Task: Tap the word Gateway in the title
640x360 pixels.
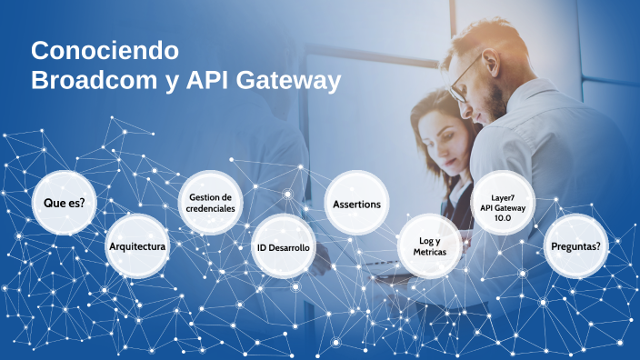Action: tap(287, 80)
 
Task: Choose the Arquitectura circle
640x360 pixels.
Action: tap(136, 245)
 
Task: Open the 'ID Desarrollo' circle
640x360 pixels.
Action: tap(284, 246)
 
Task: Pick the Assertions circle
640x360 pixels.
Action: tap(356, 203)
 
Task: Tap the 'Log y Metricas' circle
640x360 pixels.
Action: tap(430, 246)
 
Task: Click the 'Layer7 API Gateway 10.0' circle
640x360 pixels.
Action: tap(503, 203)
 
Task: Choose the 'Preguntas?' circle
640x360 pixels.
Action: tap(576, 245)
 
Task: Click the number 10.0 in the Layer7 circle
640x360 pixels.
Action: tap(503, 218)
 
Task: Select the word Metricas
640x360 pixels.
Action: tap(430, 252)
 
